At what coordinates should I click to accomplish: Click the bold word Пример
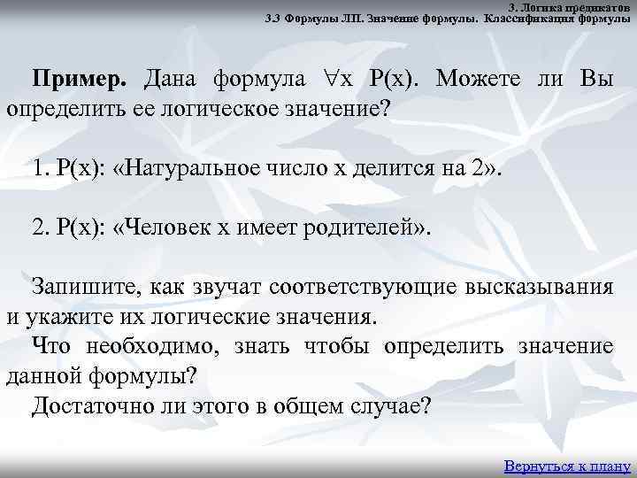pos(80,77)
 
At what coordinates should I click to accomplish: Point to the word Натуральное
pos(203,166)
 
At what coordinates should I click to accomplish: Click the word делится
pos(388,166)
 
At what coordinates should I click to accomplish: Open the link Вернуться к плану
pos(566,466)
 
